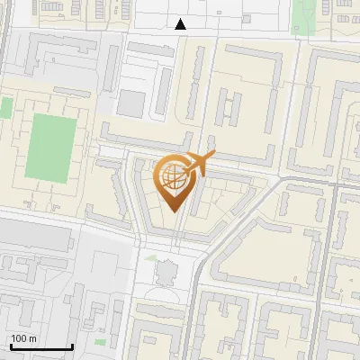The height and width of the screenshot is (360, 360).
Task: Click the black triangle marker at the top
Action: point(182,24)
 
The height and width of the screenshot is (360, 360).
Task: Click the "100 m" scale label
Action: point(22,338)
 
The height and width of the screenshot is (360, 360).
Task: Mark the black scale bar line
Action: point(41,347)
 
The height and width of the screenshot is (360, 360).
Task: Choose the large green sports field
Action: point(50,147)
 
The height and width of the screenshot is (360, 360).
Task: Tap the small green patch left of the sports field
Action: point(6,108)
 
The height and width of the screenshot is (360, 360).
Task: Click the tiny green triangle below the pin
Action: point(150,257)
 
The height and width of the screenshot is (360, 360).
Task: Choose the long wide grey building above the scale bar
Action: point(36,238)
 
